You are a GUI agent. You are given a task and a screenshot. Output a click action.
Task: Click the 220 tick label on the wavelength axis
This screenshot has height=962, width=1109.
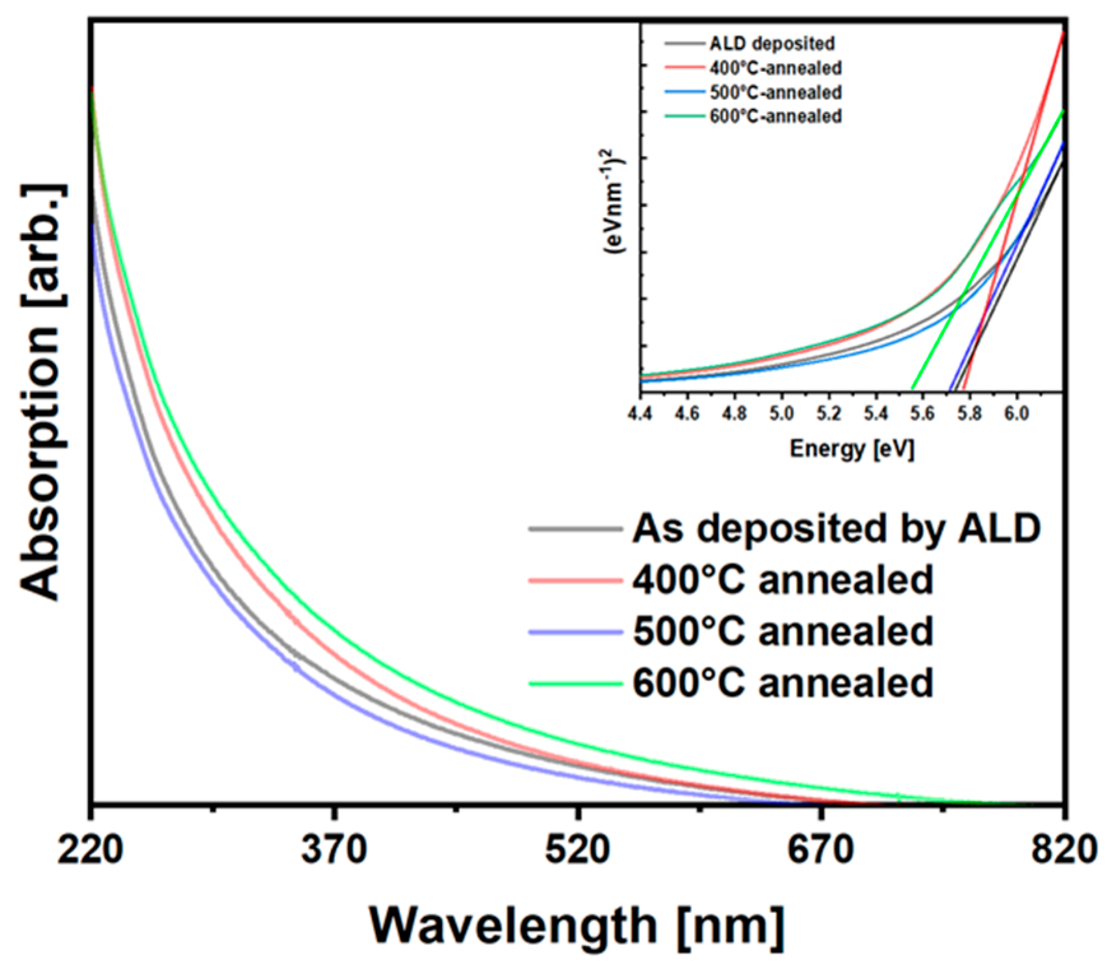[x=90, y=850]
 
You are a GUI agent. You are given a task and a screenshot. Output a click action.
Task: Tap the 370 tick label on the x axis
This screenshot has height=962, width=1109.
[x=334, y=850]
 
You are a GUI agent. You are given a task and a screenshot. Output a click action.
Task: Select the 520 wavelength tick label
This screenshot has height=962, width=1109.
[x=577, y=850]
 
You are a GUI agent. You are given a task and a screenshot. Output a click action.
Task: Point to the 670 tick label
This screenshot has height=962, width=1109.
[x=821, y=850]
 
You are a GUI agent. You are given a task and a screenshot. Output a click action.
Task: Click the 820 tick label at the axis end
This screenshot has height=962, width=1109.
[x=1064, y=850]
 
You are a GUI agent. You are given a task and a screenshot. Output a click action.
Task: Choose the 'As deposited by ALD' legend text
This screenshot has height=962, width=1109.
[x=836, y=528]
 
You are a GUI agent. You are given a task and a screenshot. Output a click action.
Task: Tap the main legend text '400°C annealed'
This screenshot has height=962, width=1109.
[x=782, y=580]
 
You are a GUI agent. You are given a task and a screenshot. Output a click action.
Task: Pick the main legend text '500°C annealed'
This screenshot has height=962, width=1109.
[x=782, y=632]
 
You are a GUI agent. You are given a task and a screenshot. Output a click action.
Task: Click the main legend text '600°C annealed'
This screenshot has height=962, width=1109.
[x=782, y=683]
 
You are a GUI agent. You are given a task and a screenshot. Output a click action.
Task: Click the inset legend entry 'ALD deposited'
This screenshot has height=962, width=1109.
[x=772, y=43]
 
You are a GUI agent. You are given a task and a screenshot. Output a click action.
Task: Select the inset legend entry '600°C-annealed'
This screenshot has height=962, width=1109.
[x=775, y=117]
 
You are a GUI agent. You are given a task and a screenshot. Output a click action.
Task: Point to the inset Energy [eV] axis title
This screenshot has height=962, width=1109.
[x=852, y=449]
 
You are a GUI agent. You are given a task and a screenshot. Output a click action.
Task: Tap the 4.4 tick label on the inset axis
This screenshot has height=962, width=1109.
[x=640, y=414]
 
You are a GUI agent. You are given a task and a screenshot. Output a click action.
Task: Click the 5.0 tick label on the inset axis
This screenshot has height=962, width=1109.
[x=781, y=414]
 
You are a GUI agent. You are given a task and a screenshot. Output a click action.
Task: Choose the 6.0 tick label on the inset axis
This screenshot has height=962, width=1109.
[x=1016, y=414]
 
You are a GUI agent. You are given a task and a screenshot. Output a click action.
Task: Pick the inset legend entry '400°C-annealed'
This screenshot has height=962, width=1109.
[x=775, y=67]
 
